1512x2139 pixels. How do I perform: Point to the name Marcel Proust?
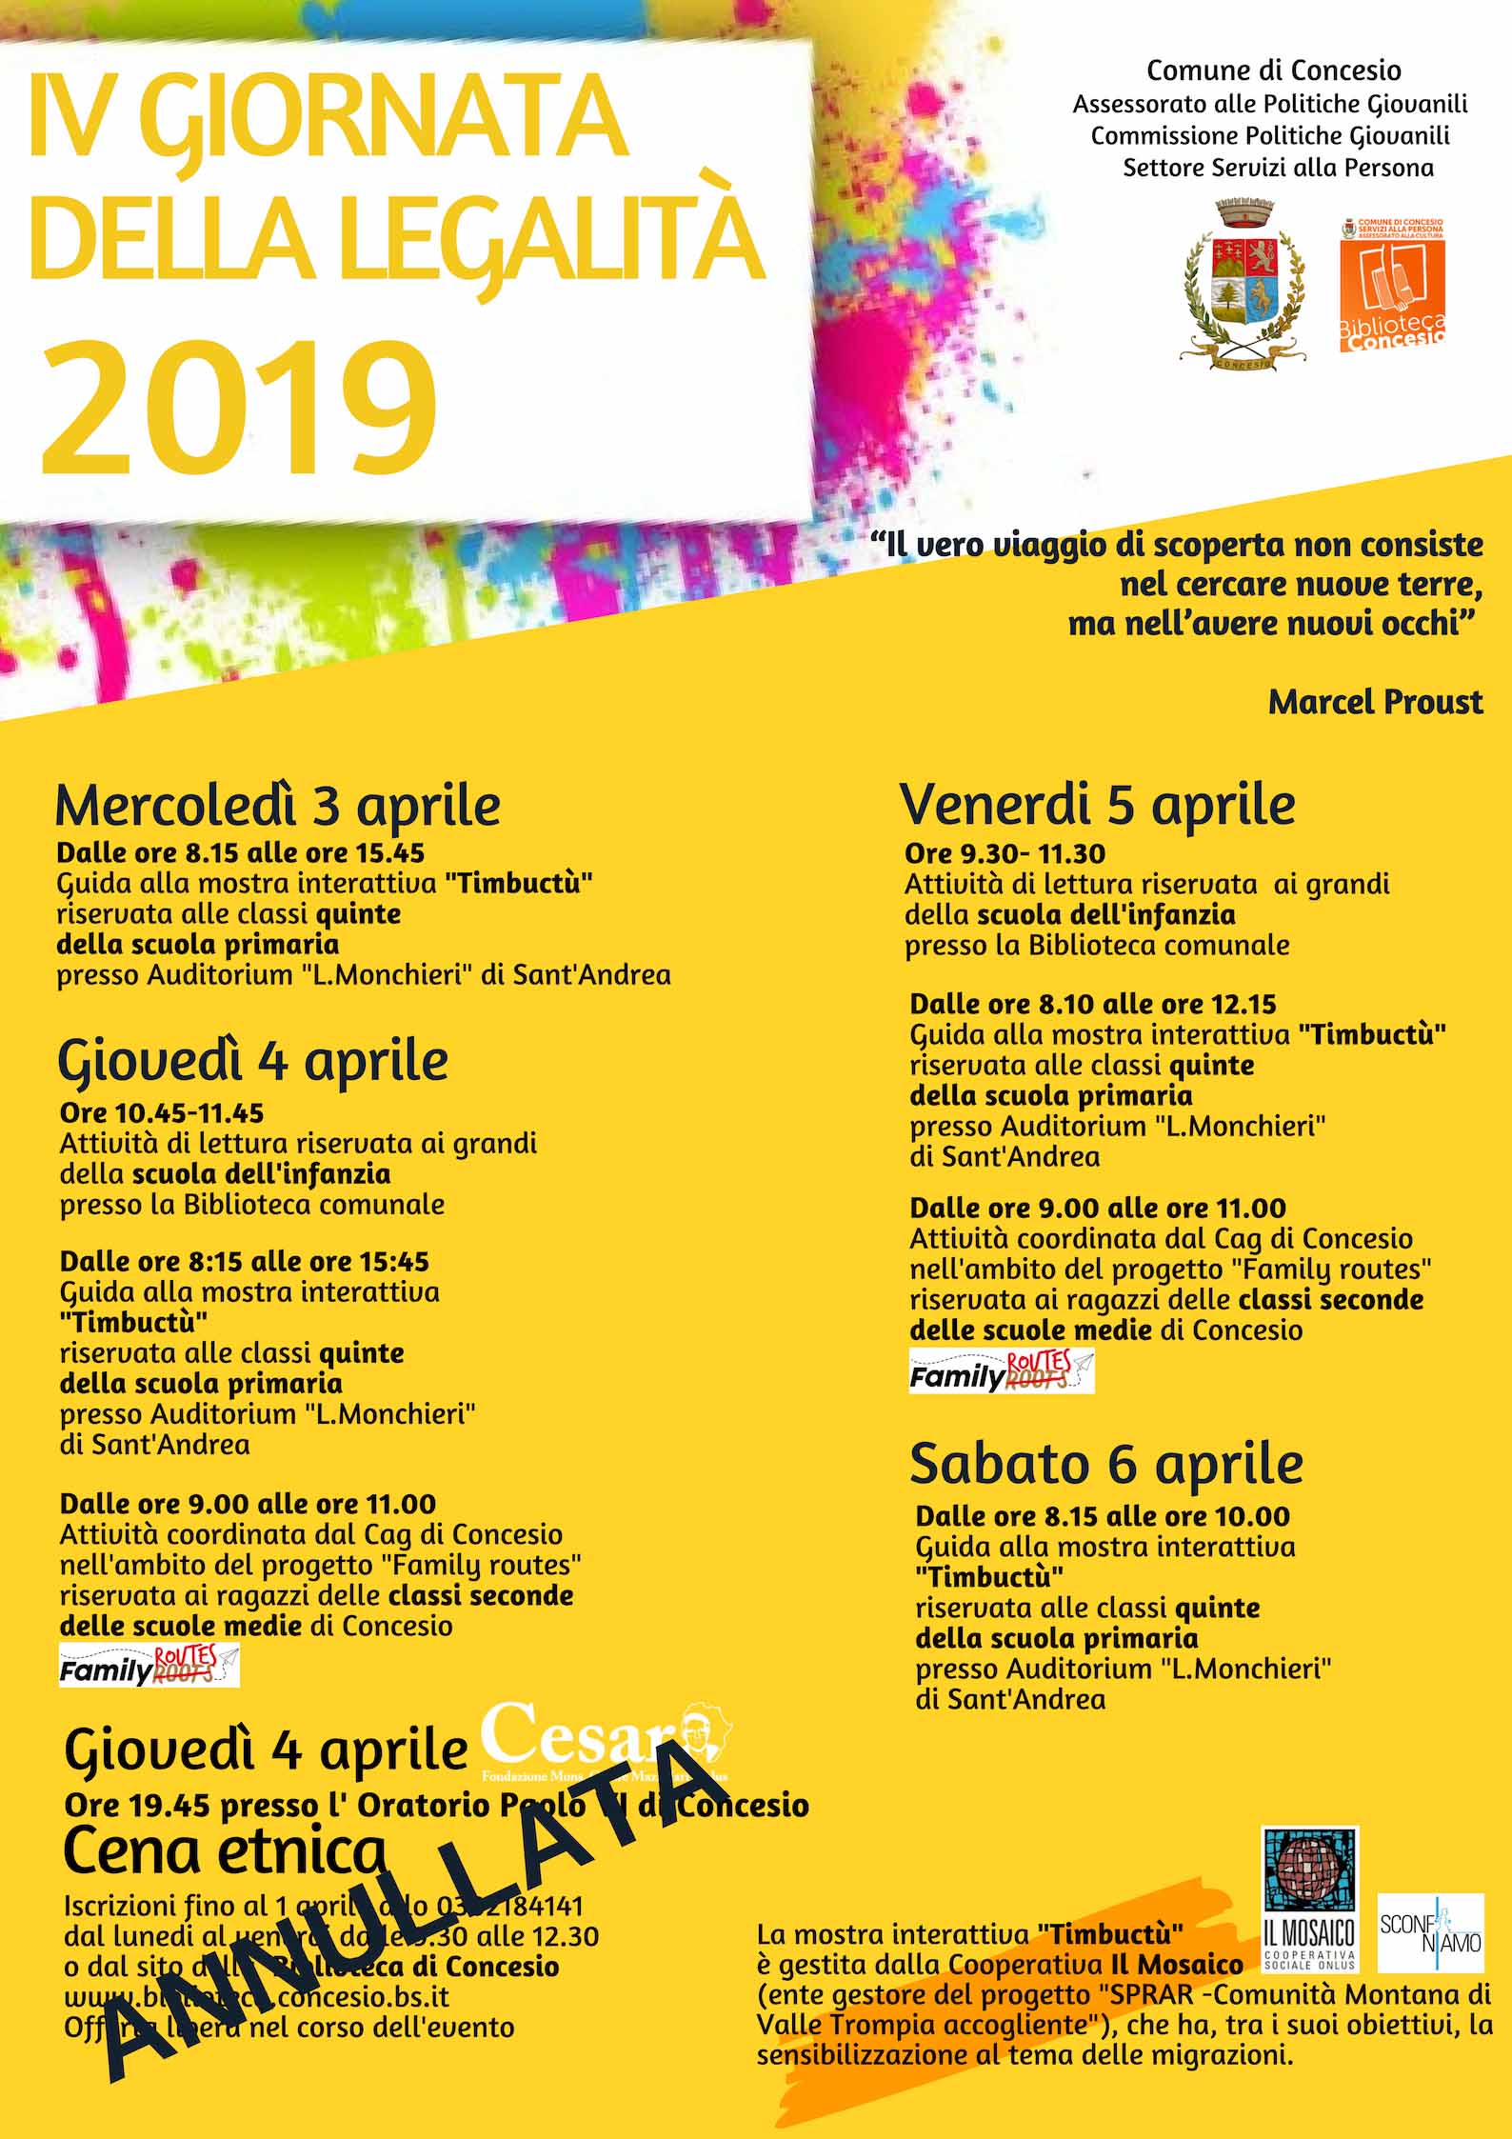click(x=1375, y=702)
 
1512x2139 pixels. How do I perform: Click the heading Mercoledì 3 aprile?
click(x=277, y=806)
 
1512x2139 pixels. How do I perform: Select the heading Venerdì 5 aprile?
click(x=1097, y=805)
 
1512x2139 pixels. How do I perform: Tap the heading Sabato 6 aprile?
click(x=1105, y=1464)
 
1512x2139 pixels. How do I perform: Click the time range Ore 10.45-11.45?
click(x=161, y=1112)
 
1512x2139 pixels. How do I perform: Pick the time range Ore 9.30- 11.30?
click(x=1005, y=853)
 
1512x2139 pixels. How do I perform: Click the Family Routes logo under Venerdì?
click(x=1002, y=1371)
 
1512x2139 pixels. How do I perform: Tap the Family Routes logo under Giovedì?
click(x=149, y=1665)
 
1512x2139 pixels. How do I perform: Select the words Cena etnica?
click(x=225, y=1850)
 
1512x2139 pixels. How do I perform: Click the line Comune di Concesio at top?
click(x=1273, y=70)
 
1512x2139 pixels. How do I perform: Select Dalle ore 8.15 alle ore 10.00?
click(x=1103, y=1516)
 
